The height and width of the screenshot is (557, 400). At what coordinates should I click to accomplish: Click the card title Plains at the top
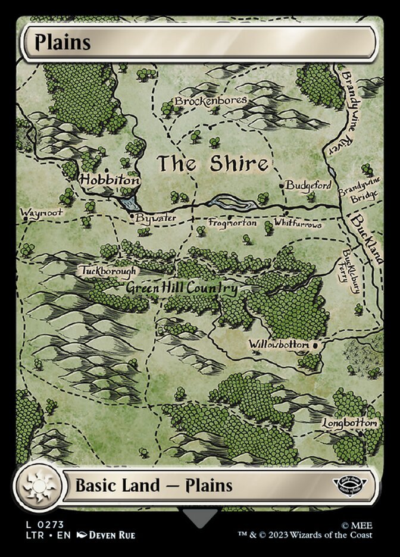point(62,43)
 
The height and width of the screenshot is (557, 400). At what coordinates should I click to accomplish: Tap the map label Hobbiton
point(110,179)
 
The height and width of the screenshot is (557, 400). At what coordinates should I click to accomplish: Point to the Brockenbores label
point(211,101)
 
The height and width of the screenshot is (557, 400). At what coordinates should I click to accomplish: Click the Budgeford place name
point(308,186)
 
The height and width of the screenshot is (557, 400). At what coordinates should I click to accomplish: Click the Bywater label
point(155,218)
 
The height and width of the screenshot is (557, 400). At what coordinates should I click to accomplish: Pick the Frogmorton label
point(233,223)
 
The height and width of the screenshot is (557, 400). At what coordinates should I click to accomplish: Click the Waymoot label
point(37,212)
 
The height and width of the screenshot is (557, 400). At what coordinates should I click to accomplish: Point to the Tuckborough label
point(108,271)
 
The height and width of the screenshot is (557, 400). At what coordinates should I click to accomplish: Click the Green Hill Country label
point(182,289)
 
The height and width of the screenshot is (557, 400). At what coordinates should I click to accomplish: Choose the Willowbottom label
point(279,345)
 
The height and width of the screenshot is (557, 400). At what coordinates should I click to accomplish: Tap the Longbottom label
point(350,423)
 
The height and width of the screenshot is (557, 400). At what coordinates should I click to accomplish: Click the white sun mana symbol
point(39,485)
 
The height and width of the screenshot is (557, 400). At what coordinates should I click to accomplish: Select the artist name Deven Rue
point(112,535)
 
